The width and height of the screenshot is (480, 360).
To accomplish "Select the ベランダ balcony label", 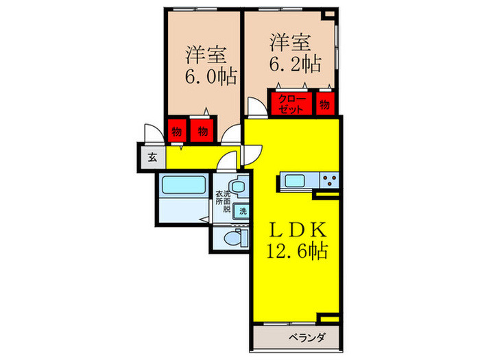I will pos(306,337).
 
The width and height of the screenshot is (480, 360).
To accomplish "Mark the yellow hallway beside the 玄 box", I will pos(195,157).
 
